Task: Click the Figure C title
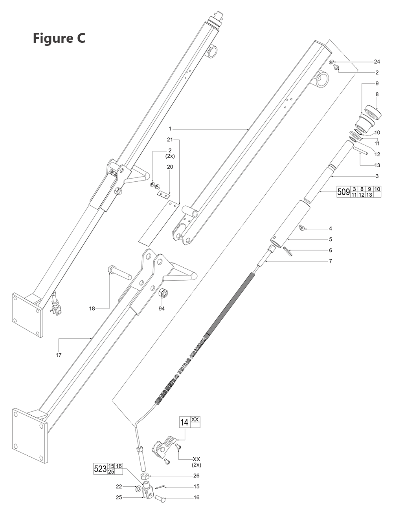pyautogui.click(x=59, y=38)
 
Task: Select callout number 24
pyautogui.click(x=377, y=62)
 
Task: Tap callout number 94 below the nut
pyautogui.click(x=162, y=308)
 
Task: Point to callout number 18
pyautogui.click(x=92, y=309)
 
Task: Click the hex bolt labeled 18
pyautogui.click(x=118, y=272)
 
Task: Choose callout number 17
pyautogui.click(x=59, y=355)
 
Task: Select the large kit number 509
pyautogui.click(x=343, y=192)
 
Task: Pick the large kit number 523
pyautogui.click(x=100, y=469)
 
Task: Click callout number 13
pyautogui.click(x=377, y=165)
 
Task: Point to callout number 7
pyautogui.click(x=330, y=261)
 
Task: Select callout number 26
pyautogui.click(x=196, y=475)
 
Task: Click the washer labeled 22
pyautogui.click(x=137, y=489)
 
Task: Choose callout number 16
pyautogui.click(x=196, y=497)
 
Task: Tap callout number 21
pyautogui.click(x=170, y=139)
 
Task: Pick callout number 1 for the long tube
pyautogui.click(x=170, y=129)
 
